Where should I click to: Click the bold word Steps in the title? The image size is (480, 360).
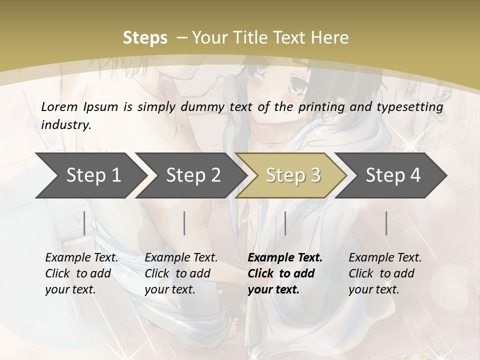click(x=145, y=37)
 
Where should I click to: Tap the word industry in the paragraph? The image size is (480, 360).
click(x=65, y=124)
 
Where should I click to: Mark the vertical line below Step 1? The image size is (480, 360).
click(x=84, y=223)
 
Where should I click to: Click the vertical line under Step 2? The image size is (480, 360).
click(x=184, y=223)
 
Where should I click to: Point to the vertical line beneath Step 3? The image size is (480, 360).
click(x=285, y=223)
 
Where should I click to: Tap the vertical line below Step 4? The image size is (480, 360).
click(x=386, y=223)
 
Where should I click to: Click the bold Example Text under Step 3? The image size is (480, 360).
click(x=285, y=258)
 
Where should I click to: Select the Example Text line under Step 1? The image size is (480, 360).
click(x=81, y=258)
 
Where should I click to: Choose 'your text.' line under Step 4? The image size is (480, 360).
click(x=374, y=289)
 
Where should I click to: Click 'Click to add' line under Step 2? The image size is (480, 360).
click(x=177, y=273)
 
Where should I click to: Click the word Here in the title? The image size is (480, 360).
click(x=330, y=37)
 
